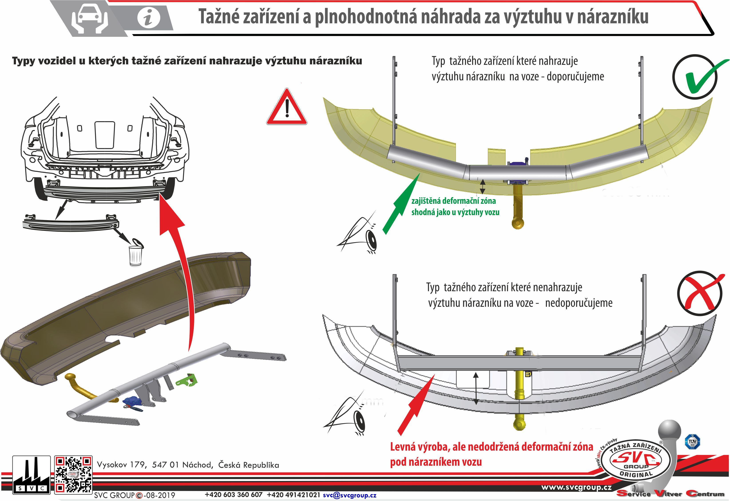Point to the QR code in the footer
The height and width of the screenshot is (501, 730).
pos(73,475)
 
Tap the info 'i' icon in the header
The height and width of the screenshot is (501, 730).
pos(148,17)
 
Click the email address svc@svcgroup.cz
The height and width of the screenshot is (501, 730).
pos(349,495)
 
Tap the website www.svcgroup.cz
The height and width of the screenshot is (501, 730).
pos(576,487)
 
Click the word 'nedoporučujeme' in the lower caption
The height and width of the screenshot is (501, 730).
pos(579,303)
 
